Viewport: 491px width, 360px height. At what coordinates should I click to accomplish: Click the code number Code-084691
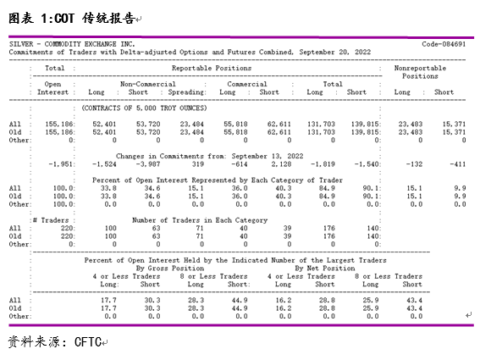tap(444, 43)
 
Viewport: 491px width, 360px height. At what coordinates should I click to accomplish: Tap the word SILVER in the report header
tap(20, 43)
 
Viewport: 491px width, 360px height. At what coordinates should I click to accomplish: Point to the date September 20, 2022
tap(338, 52)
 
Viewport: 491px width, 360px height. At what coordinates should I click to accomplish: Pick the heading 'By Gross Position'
tap(170, 268)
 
